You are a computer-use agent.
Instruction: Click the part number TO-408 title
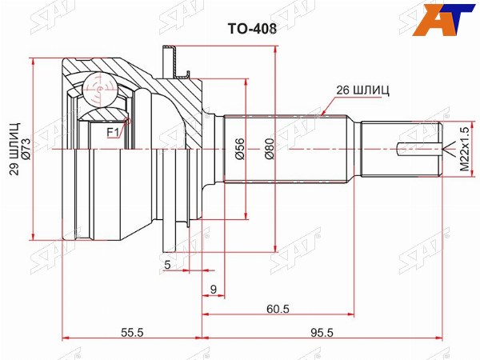[x=252, y=29]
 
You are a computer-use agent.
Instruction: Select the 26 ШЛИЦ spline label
[x=362, y=90]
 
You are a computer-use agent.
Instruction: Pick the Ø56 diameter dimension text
[x=240, y=149]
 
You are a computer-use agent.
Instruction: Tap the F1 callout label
[x=113, y=133]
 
